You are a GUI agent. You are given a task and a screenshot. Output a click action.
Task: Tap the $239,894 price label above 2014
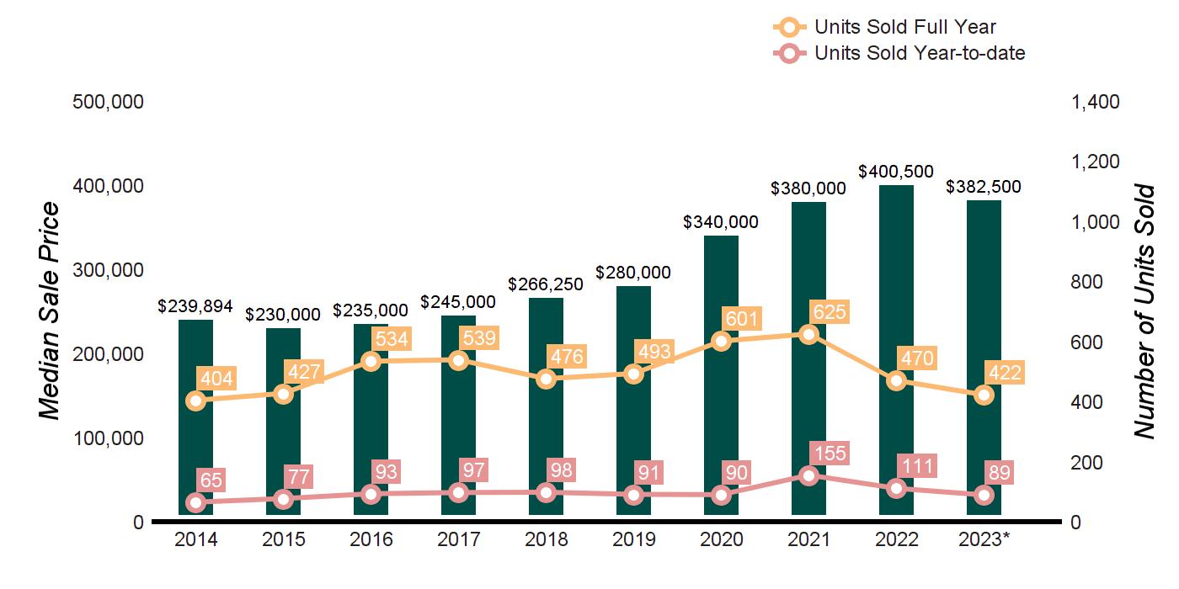pos(196,306)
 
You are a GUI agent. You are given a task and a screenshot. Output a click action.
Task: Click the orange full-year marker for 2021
pos(808,335)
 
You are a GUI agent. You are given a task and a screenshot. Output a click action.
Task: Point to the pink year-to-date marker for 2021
pos(808,475)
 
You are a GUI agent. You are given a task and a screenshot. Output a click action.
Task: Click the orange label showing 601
pos(741,319)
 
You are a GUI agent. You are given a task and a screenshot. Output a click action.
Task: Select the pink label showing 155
pos(830,454)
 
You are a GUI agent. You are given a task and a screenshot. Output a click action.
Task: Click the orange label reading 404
pos(216,378)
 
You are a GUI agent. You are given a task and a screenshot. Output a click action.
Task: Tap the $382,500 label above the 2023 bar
pos(984,187)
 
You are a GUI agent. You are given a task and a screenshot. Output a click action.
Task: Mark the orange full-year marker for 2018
pos(546,379)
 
